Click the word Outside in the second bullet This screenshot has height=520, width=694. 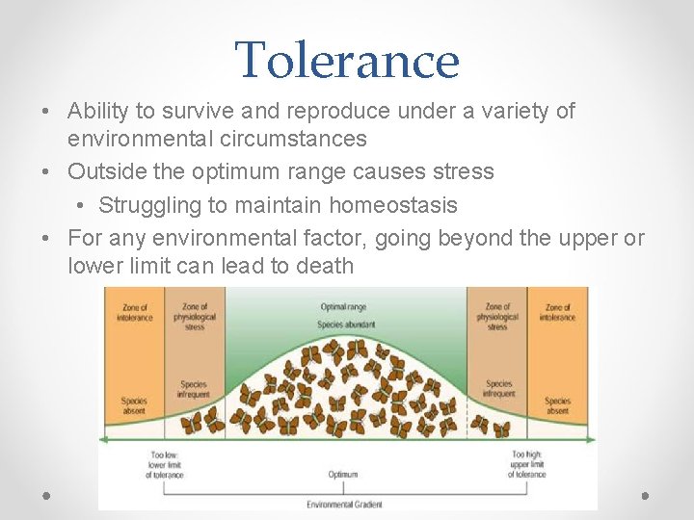(105, 172)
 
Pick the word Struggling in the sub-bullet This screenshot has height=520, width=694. (148, 205)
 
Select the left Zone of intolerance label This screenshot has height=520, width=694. (134, 312)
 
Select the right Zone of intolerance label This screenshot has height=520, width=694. (557, 312)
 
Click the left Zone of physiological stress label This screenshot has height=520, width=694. (194, 316)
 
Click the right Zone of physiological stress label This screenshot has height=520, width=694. (497, 316)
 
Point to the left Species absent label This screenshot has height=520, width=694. (134, 405)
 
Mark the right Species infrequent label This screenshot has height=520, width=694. (498, 389)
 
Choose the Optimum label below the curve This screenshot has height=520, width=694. (343, 474)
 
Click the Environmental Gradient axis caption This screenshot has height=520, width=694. (344, 504)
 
